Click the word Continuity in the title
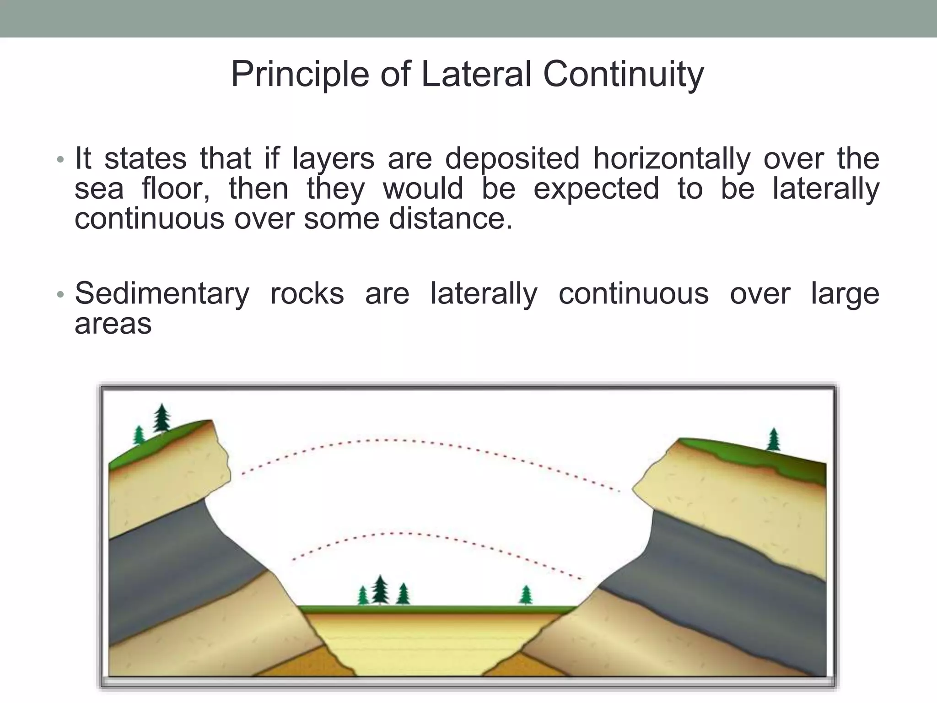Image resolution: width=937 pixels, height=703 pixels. coord(623,74)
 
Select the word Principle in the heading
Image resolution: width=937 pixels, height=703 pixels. coord(300,74)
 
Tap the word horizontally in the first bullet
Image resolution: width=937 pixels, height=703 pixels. coord(672,158)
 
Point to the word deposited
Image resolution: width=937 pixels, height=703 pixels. coord(512,158)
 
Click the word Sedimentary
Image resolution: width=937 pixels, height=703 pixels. coord(162,293)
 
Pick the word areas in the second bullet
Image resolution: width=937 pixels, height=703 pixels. coord(113,324)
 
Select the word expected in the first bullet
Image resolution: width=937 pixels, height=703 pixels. coord(596,189)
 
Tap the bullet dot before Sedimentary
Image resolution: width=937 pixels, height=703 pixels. coord(60,295)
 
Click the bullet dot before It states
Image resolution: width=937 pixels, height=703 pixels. coord(60,160)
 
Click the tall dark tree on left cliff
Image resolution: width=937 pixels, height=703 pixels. coord(161,418)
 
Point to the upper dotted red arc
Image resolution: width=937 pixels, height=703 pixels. coord(393,440)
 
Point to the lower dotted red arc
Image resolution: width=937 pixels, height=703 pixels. coord(403,533)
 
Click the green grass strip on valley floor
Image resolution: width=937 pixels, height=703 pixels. coord(435,610)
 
